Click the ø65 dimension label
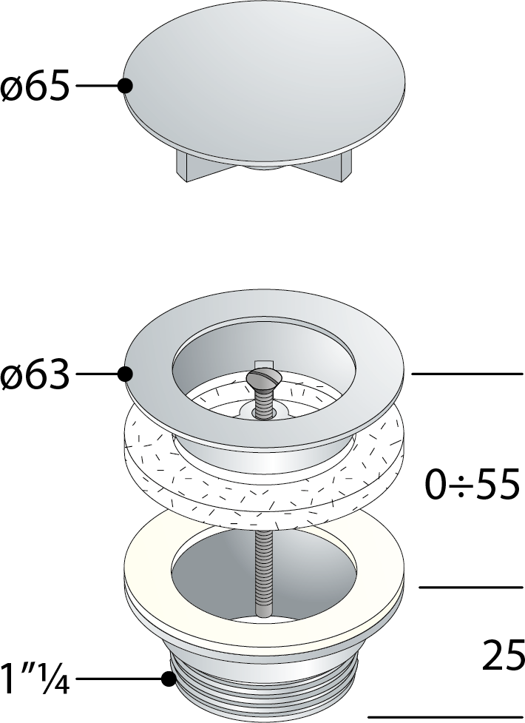pyautogui.click(x=35, y=86)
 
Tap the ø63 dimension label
pyautogui.click(x=35, y=374)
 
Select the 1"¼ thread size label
pyautogui.click(x=35, y=679)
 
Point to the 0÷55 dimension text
pyautogui.click(x=472, y=484)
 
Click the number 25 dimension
pyautogui.click(x=504, y=655)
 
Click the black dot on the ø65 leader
pyautogui.click(x=125, y=86)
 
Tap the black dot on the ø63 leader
pyautogui.click(x=125, y=374)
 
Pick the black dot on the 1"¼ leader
pyautogui.click(x=169, y=679)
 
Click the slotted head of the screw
pyautogui.click(x=260, y=377)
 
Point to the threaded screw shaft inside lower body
pyautogui.click(x=261, y=572)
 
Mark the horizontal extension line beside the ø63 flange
pyautogui.click(x=467, y=374)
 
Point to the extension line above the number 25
pyautogui.click(x=471, y=587)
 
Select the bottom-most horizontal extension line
pyautogui.click(x=446, y=718)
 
